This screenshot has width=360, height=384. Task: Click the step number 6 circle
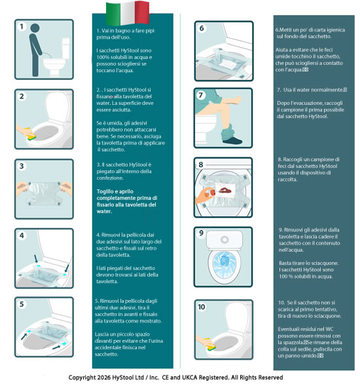[x=202, y=29]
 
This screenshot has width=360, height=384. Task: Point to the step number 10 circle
[x=202, y=307]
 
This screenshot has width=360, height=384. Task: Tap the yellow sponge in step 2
[x=33, y=122]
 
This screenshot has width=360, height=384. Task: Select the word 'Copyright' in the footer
[x=88, y=378]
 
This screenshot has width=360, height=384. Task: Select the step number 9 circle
[x=202, y=233]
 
